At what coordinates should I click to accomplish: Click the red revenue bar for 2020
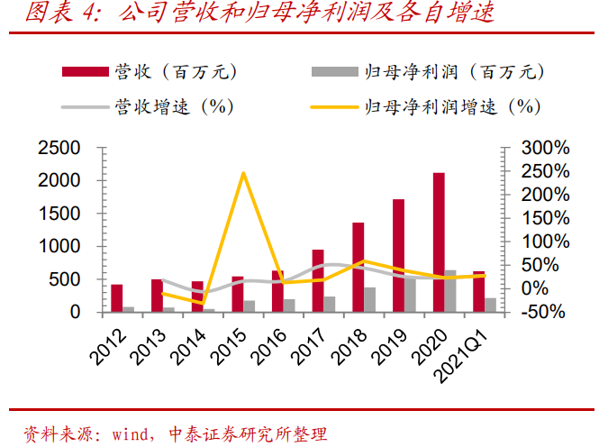439,242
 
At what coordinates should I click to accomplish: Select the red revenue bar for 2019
398,256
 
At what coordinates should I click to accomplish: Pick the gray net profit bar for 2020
450,291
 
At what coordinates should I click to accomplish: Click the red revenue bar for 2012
116,298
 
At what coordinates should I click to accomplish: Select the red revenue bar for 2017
317,281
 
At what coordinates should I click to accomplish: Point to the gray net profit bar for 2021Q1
491,305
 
